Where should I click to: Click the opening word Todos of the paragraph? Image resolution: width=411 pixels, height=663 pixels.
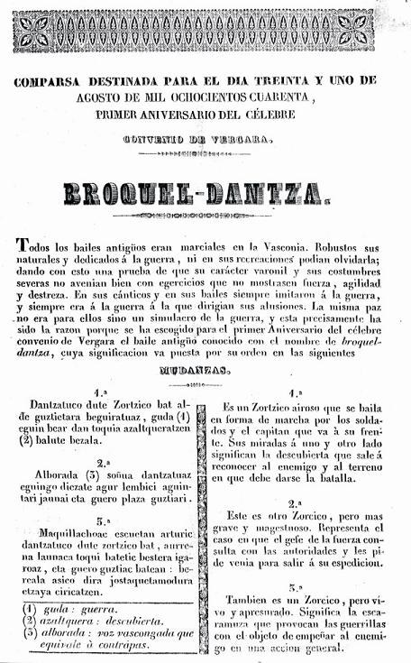click(x=33, y=246)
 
